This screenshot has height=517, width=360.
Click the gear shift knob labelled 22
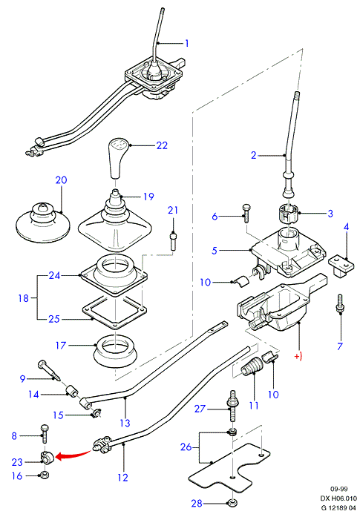[x=118, y=158]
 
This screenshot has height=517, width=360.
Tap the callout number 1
[x=187, y=43]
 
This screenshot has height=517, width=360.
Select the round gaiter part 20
[x=43, y=223]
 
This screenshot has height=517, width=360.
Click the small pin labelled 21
[x=173, y=242]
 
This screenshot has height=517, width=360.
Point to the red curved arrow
[x=73, y=455]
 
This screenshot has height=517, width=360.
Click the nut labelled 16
[x=43, y=475]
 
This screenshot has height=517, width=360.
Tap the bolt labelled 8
[x=45, y=434]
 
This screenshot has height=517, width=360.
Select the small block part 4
[x=341, y=266]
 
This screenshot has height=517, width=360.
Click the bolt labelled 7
[x=340, y=304]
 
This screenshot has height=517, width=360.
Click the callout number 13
[x=125, y=423]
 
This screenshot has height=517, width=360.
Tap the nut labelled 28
[x=232, y=503]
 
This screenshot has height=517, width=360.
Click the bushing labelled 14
[x=72, y=392]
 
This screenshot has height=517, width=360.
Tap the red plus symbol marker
[x=298, y=357]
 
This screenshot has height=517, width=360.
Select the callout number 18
[x=24, y=298]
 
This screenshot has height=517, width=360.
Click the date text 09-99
[x=338, y=489]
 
